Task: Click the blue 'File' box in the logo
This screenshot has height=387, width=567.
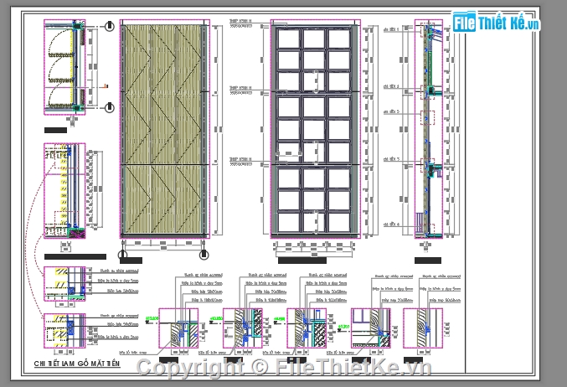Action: [x=465, y=23]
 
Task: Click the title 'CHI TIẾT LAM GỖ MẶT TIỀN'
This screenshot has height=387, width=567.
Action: [x=77, y=364]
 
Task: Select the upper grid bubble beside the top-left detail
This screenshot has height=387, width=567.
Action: [x=110, y=27]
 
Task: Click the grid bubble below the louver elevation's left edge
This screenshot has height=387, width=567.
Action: [x=123, y=255]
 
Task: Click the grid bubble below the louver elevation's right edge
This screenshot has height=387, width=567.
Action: [x=204, y=255]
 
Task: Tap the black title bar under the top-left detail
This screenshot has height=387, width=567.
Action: [x=56, y=130]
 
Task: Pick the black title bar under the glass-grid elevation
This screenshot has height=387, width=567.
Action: [x=302, y=261]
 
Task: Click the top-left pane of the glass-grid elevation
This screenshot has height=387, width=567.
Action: [x=290, y=39]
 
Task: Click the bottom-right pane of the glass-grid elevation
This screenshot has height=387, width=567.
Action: [x=338, y=222]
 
